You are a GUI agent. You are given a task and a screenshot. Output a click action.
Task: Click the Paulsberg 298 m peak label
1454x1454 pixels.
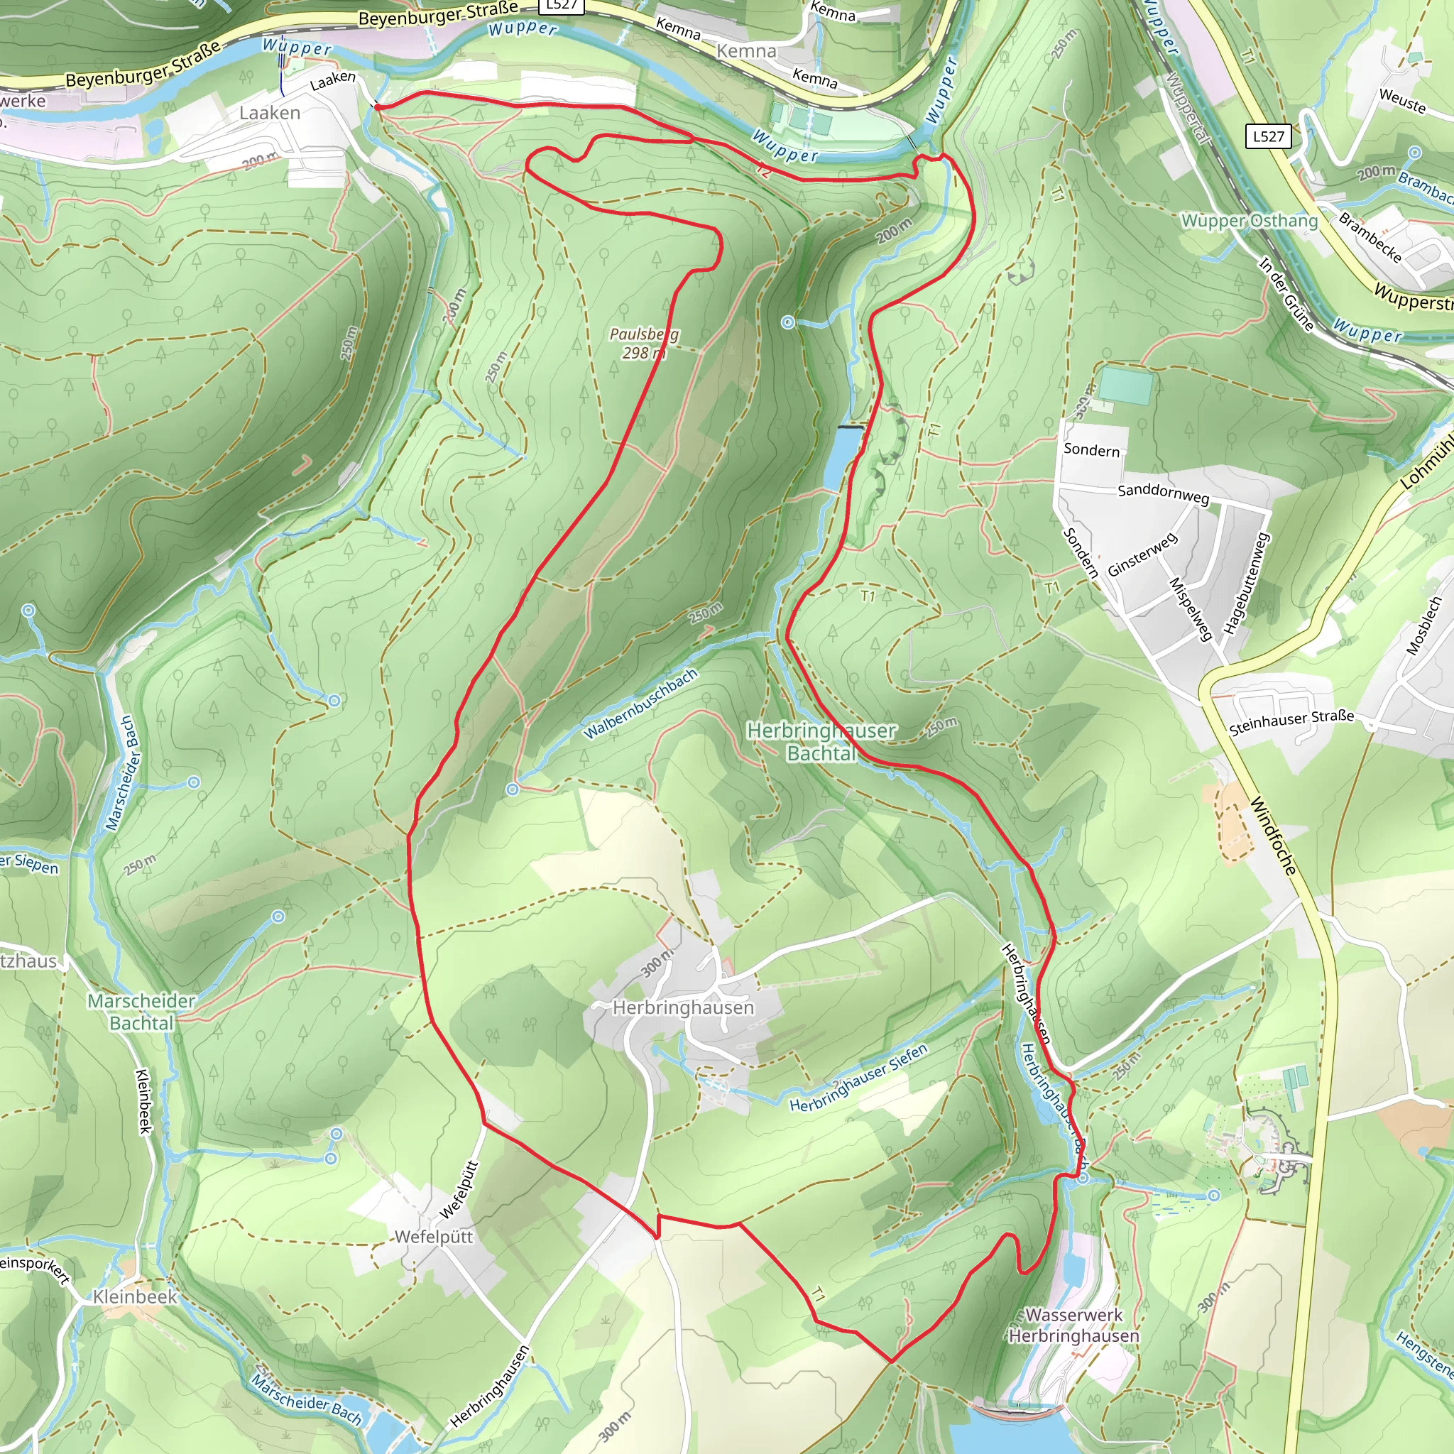[x=643, y=343]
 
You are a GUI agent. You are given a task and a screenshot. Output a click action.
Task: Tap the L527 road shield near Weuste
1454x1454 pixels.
[x=1268, y=136]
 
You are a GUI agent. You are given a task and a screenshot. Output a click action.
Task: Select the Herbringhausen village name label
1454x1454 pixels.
[x=682, y=1007]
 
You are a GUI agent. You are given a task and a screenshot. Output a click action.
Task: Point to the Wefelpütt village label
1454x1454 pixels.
[x=434, y=1237]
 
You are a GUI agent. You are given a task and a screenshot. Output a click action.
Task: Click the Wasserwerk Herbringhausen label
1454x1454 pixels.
[x=1073, y=1325]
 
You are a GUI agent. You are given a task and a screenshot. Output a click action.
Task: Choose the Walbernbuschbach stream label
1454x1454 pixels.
[x=640, y=704]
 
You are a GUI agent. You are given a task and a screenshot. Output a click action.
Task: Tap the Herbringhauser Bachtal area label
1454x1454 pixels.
[x=821, y=741]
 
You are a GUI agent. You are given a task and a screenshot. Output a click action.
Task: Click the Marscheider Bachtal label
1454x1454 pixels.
[x=141, y=1012]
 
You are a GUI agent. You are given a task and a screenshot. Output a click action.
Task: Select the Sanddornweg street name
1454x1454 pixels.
[x=1163, y=493]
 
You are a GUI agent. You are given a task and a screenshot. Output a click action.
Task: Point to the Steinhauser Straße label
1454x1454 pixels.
[x=1291, y=722]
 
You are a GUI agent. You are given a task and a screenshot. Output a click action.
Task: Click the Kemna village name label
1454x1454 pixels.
[x=746, y=51]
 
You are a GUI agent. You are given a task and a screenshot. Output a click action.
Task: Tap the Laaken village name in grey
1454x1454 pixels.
[x=269, y=113]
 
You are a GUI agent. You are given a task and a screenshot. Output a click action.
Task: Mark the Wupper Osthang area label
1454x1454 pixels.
[x=1250, y=221]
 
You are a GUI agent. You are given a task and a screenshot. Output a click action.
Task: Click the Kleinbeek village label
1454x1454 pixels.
[x=135, y=1296]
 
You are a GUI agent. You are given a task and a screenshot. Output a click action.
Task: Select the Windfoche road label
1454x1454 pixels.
[x=1274, y=836]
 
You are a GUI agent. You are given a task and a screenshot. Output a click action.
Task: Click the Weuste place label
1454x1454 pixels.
[x=1401, y=100]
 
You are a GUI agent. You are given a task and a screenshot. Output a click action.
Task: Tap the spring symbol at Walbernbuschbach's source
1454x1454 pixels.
[x=513, y=789]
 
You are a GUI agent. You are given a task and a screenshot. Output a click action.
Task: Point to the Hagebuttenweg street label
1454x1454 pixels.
[x=1246, y=584]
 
